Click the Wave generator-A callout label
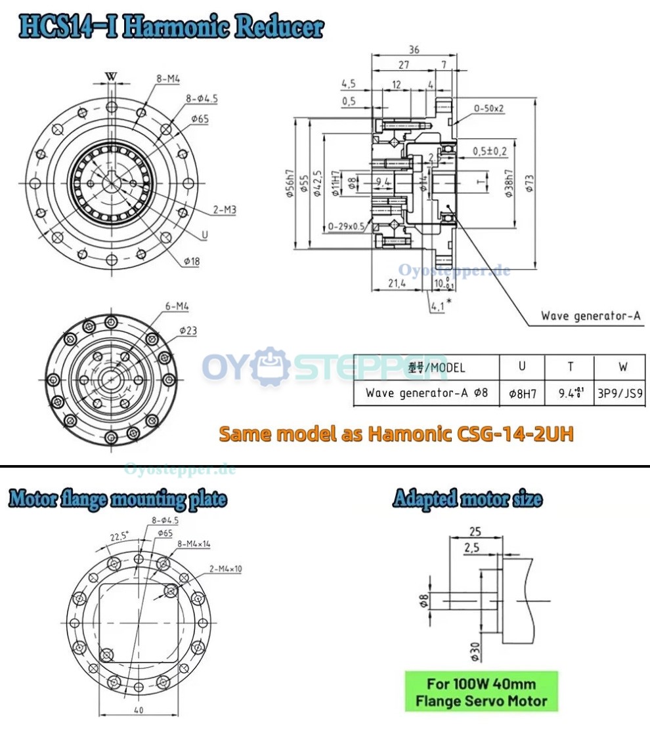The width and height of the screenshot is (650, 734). pyautogui.click(x=590, y=316)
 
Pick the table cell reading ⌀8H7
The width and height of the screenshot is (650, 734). pyautogui.click(x=522, y=394)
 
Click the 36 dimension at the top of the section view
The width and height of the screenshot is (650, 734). pyautogui.click(x=413, y=49)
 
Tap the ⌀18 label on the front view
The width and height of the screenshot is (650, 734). pyautogui.click(x=192, y=261)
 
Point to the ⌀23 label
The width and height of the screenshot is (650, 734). pyautogui.click(x=188, y=331)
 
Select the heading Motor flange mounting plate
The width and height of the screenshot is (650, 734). pyautogui.click(x=118, y=499)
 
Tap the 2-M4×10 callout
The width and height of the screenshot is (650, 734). pyautogui.click(x=225, y=569)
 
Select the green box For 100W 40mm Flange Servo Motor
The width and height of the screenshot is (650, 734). pyautogui.click(x=481, y=691)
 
